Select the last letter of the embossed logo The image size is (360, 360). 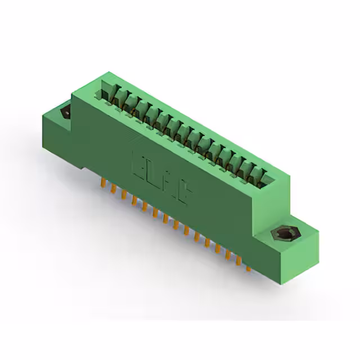(186, 194)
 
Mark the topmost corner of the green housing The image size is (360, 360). (106, 73)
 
